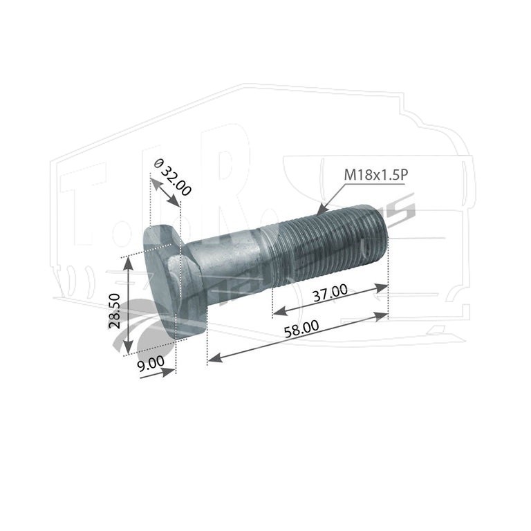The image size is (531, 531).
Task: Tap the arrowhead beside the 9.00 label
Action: point(169,372)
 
